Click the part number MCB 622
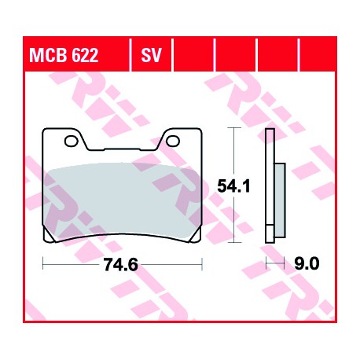click(x=64, y=55)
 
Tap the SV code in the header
click(x=152, y=55)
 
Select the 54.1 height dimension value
click(x=233, y=186)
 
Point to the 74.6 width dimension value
click(x=121, y=265)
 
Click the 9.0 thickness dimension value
click(x=307, y=263)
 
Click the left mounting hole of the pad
click(x=72, y=141)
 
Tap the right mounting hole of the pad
click(x=173, y=141)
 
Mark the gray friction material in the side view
click(x=280, y=200)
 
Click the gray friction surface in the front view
click(x=123, y=200)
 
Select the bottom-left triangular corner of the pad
click(x=48, y=237)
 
